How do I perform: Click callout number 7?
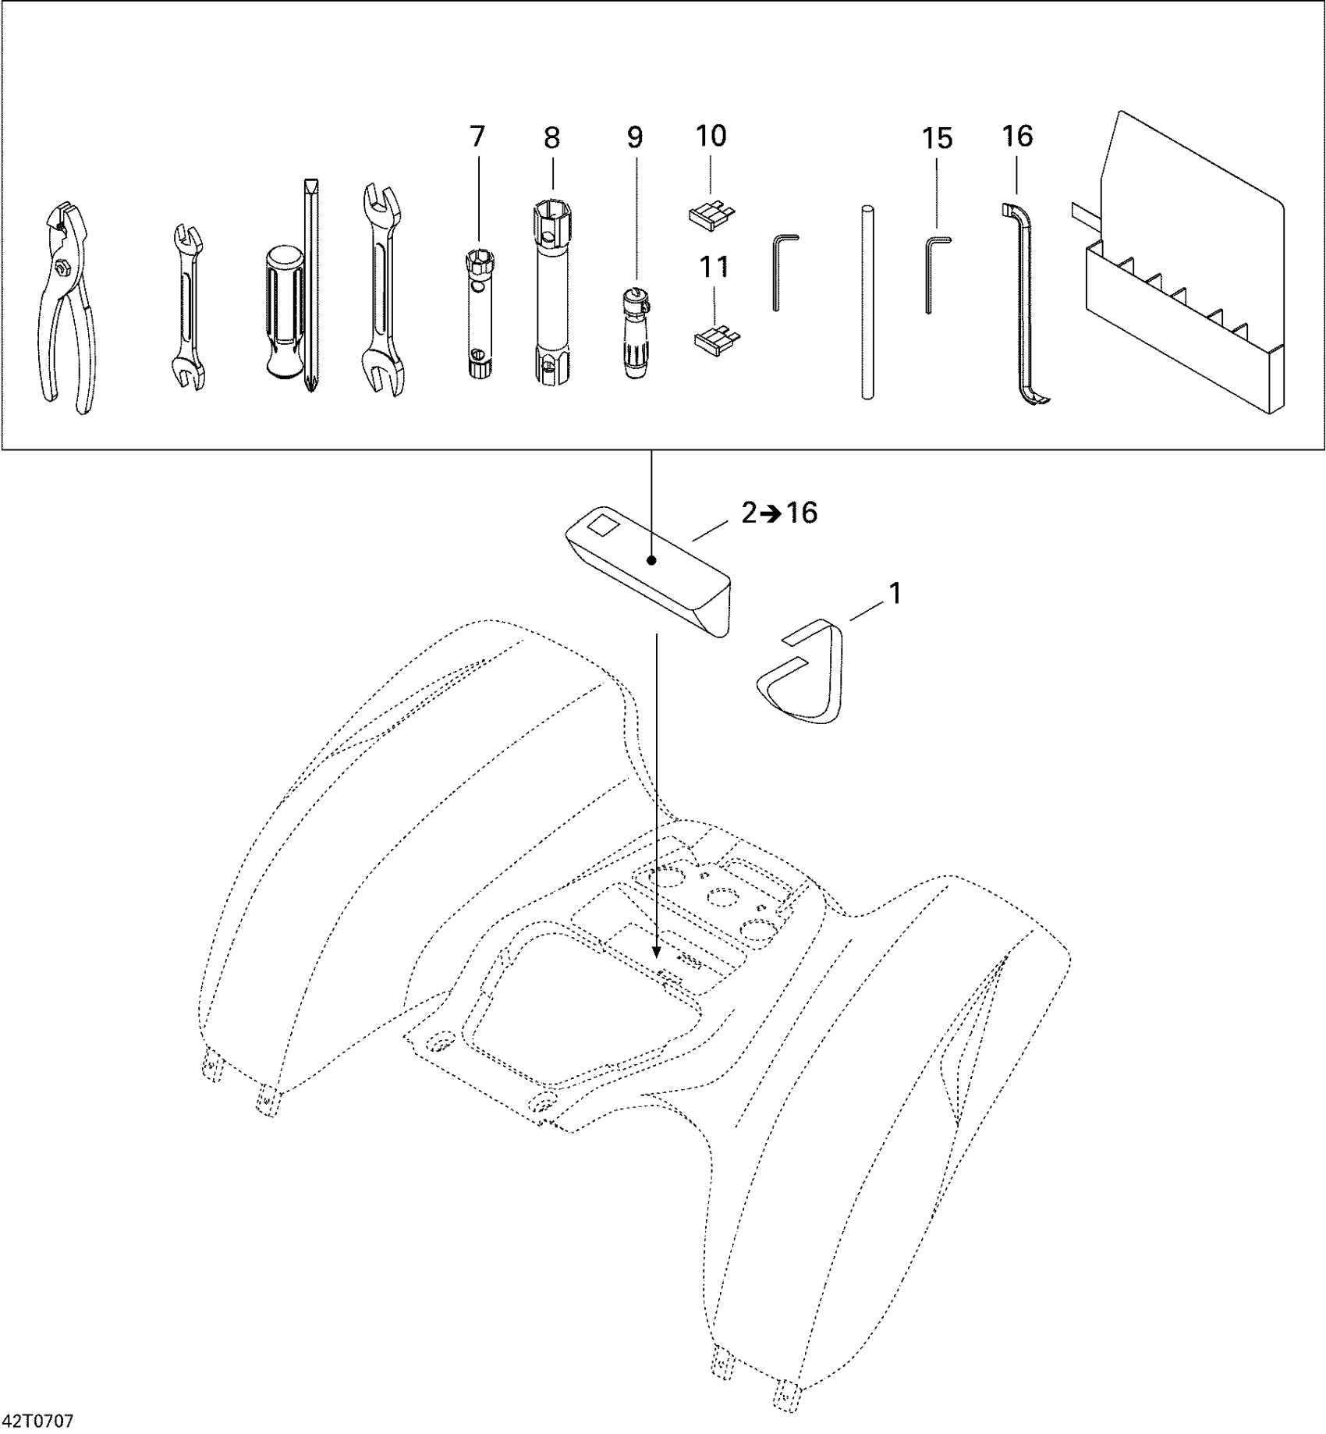click(x=477, y=137)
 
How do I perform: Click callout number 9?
click(x=635, y=138)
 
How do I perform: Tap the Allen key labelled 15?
click(x=931, y=273)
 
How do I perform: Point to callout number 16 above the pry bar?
click(x=1017, y=137)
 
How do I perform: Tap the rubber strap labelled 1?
click(x=803, y=671)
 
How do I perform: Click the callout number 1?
click(x=895, y=595)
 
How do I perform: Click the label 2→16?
click(x=778, y=513)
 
